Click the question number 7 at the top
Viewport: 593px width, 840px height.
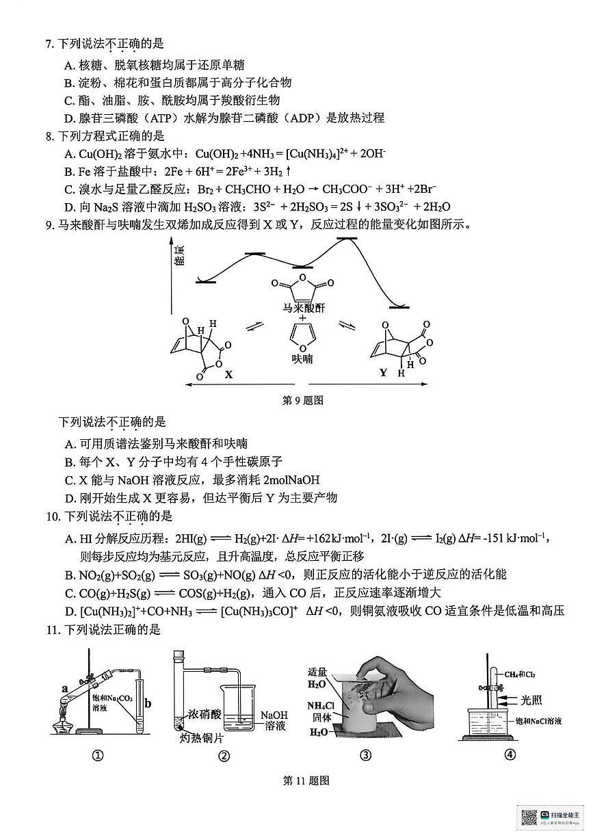coord(49,44)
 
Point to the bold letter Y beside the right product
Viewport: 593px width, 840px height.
coord(383,373)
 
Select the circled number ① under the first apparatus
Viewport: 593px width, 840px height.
coord(97,755)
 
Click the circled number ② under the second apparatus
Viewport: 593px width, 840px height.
coord(223,755)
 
